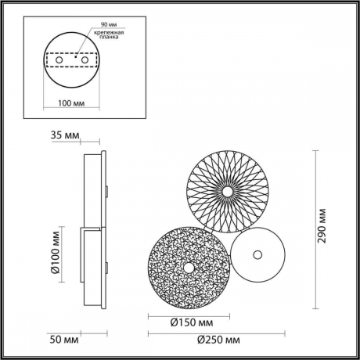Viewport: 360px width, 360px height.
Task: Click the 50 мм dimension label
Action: (x=58, y=339)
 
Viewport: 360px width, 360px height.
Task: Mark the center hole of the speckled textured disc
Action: (x=188, y=267)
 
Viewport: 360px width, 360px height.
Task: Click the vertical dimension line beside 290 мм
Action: (x=315, y=227)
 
